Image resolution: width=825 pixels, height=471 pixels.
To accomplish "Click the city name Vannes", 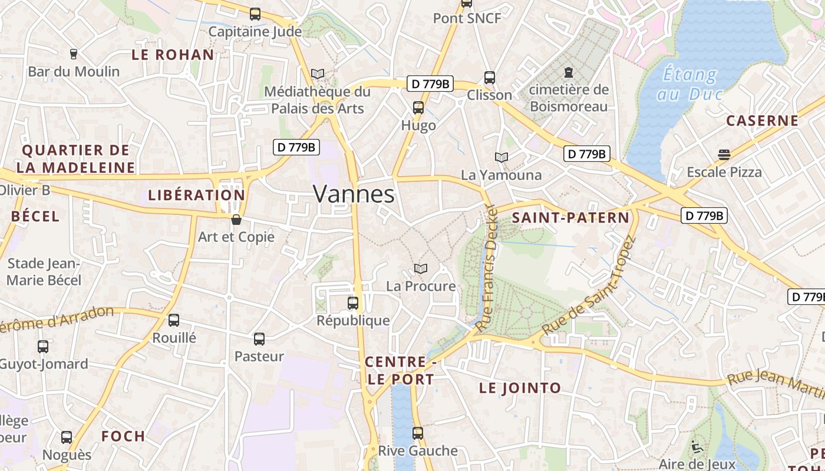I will click(x=354, y=194).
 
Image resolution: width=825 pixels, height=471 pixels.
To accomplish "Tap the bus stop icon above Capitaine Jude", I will click(x=255, y=14).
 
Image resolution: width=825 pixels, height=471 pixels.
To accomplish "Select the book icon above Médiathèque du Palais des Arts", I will click(x=318, y=74).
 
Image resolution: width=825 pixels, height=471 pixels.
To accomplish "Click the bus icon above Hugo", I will click(x=418, y=108).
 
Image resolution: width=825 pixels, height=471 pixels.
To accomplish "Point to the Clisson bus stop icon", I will click(x=490, y=77).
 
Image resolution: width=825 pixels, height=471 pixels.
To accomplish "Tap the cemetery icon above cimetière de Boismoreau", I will click(x=568, y=72).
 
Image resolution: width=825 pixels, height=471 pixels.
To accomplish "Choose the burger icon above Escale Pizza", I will click(x=724, y=155).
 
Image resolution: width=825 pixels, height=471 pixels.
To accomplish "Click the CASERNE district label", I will click(x=762, y=121).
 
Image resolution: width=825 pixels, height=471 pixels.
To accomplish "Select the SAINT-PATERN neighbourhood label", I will click(x=570, y=218).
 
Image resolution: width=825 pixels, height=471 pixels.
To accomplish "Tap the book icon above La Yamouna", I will click(x=501, y=157).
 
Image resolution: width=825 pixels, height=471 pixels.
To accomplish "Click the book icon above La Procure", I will click(x=421, y=269).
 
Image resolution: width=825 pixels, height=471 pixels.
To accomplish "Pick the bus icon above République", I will click(x=353, y=303).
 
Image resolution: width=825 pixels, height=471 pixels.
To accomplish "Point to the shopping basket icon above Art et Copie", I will click(x=236, y=220).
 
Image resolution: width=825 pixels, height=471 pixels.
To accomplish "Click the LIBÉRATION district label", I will click(x=196, y=195).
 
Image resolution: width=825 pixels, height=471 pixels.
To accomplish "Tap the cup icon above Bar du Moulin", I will click(x=74, y=54).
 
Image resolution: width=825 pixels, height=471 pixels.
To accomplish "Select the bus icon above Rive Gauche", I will click(x=418, y=433).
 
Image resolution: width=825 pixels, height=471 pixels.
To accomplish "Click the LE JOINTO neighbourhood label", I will click(x=520, y=388).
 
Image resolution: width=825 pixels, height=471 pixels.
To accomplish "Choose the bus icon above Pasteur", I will click(x=259, y=339).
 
